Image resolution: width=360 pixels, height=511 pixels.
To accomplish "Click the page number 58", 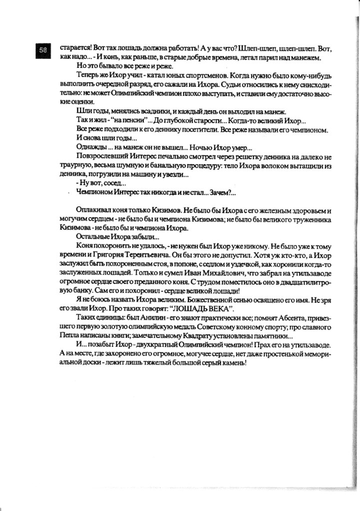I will (43, 49).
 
